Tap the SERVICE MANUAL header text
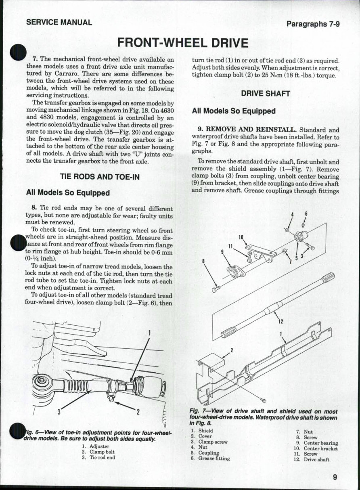pyautogui.click(x=59, y=22)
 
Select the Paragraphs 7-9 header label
pyautogui.click(x=313, y=24)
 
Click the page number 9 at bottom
pyautogui.click(x=335, y=477)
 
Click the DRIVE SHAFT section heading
pyautogui.click(x=265, y=94)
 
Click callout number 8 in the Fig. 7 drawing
pyautogui.click(x=204, y=261)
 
